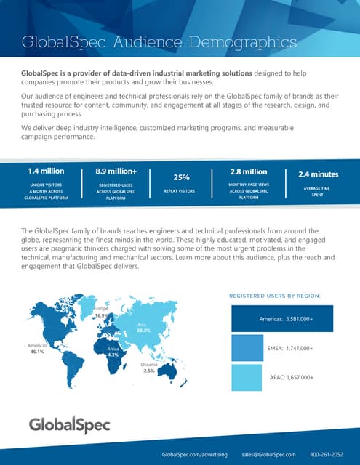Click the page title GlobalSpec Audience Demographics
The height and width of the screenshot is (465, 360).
(x=159, y=42)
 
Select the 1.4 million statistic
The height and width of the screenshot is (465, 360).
(x=45, y=172)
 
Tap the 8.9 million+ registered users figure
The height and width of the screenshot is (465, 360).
(x=116, y=172)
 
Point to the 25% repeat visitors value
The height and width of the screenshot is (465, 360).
(x=181, y=177)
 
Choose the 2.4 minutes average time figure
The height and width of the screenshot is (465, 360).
(x=319, y=174)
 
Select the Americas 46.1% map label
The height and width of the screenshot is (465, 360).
(x=36, y=348)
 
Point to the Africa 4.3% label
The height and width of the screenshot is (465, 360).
(x=112, y=352)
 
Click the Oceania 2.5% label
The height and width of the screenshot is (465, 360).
(x=148, y=367)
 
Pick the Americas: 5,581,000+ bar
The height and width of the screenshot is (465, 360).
(x=281, y=318)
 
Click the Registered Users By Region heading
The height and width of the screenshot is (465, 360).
(x=279, y=296)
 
